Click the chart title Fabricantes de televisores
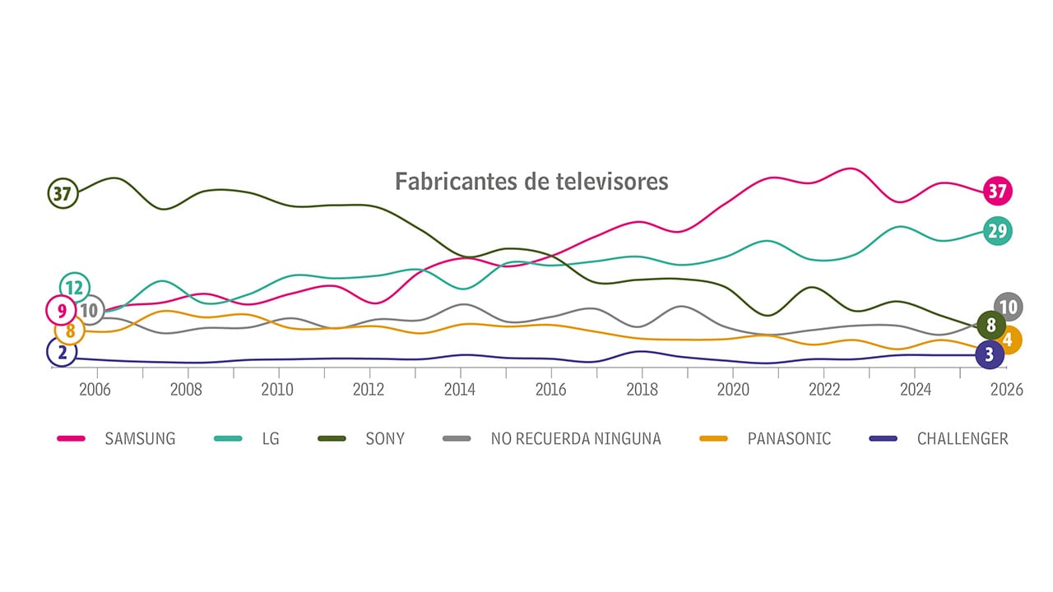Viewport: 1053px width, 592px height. point(531,181)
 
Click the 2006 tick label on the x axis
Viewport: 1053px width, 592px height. point(95,390)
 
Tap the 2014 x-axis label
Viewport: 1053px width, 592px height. point(459,390)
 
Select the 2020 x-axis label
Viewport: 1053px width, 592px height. point(732,390)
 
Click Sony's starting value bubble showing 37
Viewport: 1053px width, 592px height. point(63,194)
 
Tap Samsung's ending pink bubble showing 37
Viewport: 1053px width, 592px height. point(997,192)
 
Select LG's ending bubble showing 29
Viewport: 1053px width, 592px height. point(997,231)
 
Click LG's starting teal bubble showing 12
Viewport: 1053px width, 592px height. point(75,288)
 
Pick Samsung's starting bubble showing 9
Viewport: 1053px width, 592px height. point(62,311)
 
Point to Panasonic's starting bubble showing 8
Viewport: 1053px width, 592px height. point(70,331)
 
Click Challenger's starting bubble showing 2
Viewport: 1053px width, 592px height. point(62,353)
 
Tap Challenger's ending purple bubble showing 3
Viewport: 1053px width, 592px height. point(989,355)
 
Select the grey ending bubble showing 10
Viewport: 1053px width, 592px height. point(1008,308)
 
